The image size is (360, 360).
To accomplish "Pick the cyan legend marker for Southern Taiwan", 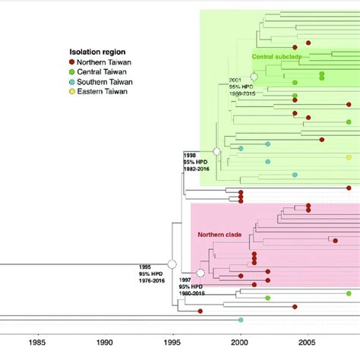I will [x=71, y=81].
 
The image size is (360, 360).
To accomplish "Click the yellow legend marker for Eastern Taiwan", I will [x=71, y=91].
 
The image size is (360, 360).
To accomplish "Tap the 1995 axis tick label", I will [x=173, y=343].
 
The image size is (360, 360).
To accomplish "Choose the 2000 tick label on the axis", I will [x=241, y=343].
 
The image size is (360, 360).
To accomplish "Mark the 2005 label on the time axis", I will [x=308, y=343].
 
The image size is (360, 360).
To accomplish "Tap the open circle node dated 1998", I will [x=216, y=152].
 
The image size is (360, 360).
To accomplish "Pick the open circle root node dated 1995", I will [x=172, y=263].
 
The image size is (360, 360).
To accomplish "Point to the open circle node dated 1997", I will [x=201, y=273].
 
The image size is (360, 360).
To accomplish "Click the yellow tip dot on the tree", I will [x=349, y=157].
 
